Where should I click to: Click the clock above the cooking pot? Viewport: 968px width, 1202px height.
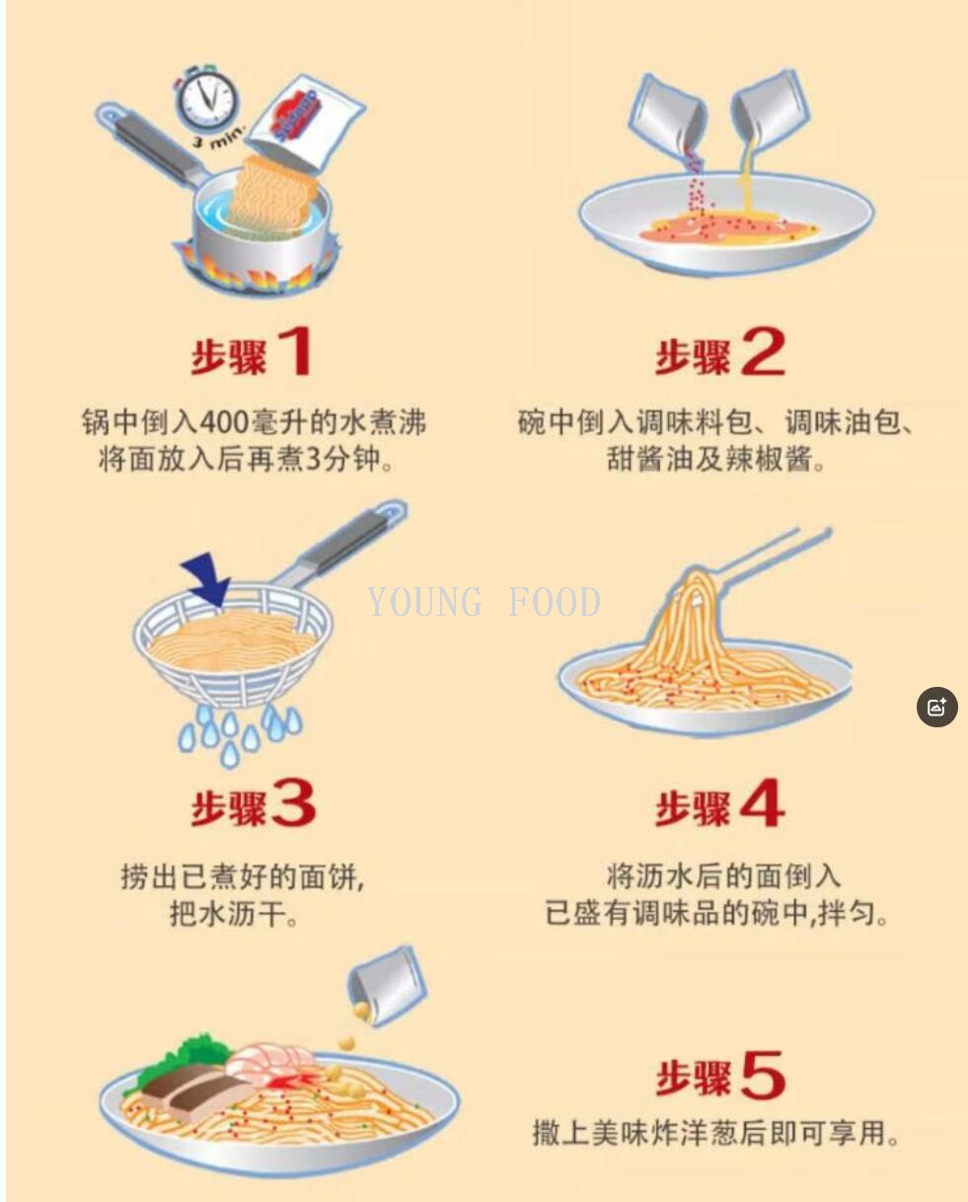point(207,100)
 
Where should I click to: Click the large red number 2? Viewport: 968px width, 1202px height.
point(762,351)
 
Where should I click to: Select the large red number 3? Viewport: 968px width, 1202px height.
point(293,805)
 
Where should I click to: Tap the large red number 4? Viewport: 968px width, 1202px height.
point(761,805)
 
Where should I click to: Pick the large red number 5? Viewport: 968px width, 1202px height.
point(762,1076)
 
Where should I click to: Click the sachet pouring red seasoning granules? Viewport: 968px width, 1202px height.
point(668,114)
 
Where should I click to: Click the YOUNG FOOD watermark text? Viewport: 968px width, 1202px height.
point(484,601)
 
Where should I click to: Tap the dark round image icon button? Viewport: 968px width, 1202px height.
point(936,707)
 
